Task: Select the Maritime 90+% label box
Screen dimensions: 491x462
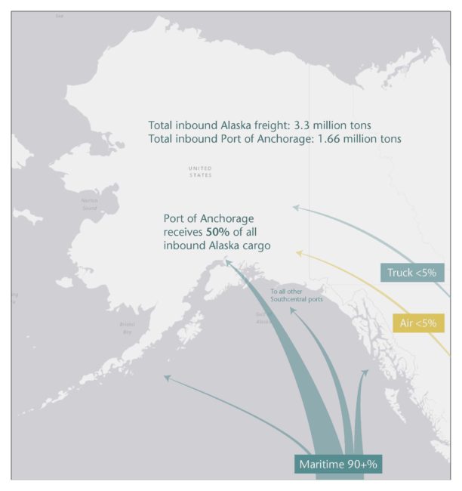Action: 337,463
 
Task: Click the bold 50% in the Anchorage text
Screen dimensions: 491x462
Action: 218,231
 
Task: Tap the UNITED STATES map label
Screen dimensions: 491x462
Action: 201,171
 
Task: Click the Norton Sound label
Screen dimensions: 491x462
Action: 89,204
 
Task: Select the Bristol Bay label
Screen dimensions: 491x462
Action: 126,328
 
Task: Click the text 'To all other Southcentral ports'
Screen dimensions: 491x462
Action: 296,295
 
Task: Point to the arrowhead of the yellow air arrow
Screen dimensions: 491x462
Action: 299,252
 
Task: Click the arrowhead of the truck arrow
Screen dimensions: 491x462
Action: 297,205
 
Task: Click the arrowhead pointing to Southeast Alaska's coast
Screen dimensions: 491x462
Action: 366,373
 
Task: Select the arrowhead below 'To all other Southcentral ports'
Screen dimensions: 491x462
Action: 293,309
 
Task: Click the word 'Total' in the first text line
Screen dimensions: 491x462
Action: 162,125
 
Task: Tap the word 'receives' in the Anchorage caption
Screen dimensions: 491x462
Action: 184,231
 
